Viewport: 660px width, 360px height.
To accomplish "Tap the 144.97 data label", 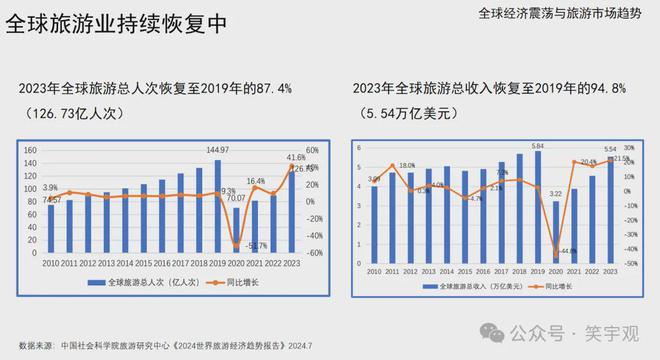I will click(217, 150).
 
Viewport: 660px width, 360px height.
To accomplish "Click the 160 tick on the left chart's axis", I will click(30, 150).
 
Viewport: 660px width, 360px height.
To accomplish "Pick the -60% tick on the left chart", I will click(312, 253).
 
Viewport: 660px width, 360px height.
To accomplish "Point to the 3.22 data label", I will click(557, 193).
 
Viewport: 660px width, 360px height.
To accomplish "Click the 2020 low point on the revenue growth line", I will click(556, 252).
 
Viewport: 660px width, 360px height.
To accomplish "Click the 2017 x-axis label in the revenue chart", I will click(502, 271).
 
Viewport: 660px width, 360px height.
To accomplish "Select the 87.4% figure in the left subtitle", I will click(271, 89).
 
